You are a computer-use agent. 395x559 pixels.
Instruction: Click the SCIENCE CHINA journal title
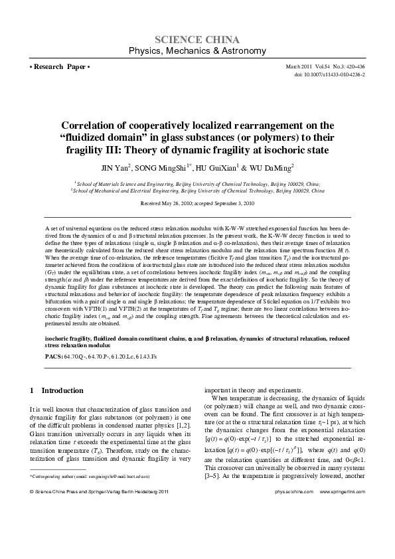(197, 39)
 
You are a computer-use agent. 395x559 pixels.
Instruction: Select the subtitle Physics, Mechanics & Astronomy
(197, 51)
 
